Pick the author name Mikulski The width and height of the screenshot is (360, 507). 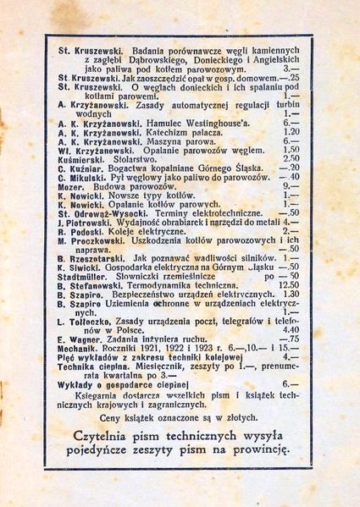pos(86,177)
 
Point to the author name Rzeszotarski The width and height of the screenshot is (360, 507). pos(99,257)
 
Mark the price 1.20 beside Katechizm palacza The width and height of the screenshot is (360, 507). pos(291,132)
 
